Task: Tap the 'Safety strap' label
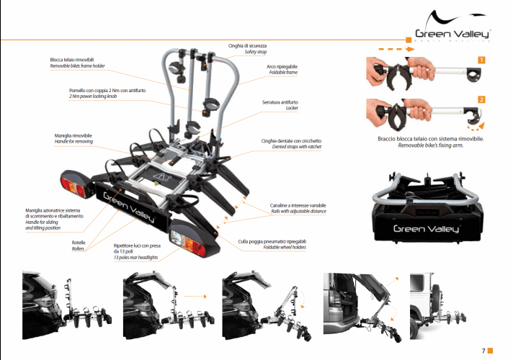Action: [255, 53]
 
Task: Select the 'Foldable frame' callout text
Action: [282, 73]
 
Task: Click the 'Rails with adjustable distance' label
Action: [298, 211]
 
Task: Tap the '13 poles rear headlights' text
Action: [138, 257]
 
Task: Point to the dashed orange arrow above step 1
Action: [385, 50]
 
